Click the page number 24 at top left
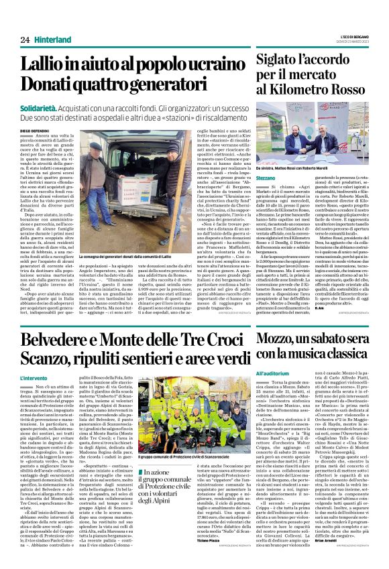coord(25,41)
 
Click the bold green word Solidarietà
coord(40,107)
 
